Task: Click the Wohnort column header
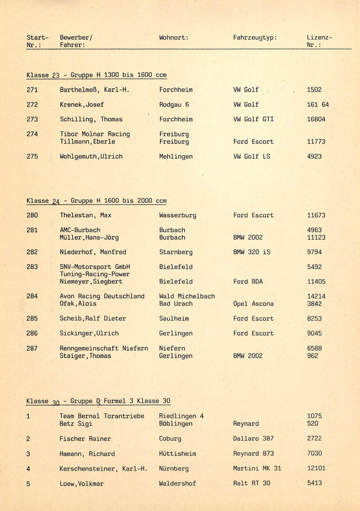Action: coord(174,37)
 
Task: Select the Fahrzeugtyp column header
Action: coord(255,37)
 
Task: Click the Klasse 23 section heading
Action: coord(96,75)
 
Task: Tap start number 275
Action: coord(32,156)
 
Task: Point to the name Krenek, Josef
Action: coord(82,104)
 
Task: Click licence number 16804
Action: coord(316,119)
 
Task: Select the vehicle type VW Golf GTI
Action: coord(253,119)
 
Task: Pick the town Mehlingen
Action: coord(176,156)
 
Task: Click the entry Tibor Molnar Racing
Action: coord(95,134)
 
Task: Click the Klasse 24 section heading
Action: coord(96,201)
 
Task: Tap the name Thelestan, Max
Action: coord(86,215)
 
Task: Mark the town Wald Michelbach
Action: coord(187,296)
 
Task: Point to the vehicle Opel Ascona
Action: coord(253,304)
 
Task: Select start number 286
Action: coord(32,333)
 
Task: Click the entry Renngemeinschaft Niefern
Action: coord(104,348)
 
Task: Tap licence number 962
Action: coord(312,356)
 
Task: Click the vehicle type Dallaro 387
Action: coord(253,439)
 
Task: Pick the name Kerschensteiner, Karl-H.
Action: coord(103,469)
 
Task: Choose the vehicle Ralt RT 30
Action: coord(251,483)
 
